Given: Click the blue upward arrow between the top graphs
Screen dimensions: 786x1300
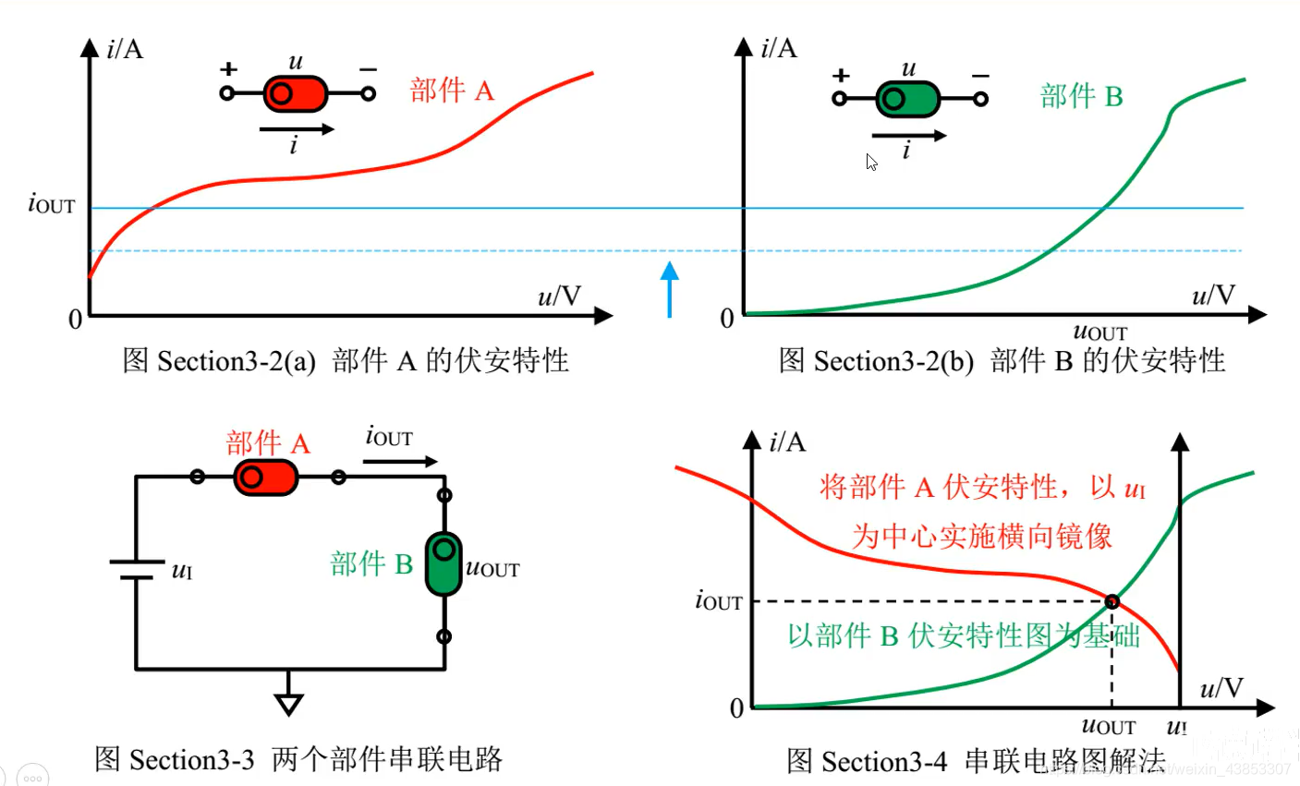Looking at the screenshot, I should point(670,288).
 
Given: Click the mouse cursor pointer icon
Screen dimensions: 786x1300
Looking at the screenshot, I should point(871,163).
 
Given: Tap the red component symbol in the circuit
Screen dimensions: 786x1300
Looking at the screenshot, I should point(266,478).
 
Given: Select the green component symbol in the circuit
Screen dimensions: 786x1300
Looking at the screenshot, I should point(443,562).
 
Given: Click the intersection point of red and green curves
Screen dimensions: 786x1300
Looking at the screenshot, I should point(1112,602).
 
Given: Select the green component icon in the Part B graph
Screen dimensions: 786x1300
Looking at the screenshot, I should point(907,99).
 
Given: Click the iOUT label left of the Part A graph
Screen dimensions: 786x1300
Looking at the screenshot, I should point(52,204).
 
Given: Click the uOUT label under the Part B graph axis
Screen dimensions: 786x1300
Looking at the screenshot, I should point(1100,333).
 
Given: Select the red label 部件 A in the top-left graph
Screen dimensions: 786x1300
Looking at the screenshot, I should point(452,91).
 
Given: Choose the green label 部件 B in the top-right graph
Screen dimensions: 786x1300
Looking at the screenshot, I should point(1081,96).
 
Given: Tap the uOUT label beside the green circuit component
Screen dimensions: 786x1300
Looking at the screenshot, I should point(492,568).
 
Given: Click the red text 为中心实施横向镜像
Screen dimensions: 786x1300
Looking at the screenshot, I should point(981,536).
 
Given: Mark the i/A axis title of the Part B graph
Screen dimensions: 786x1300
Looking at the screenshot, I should point(778,48).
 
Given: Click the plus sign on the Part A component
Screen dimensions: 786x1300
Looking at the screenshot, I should point(228,69).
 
